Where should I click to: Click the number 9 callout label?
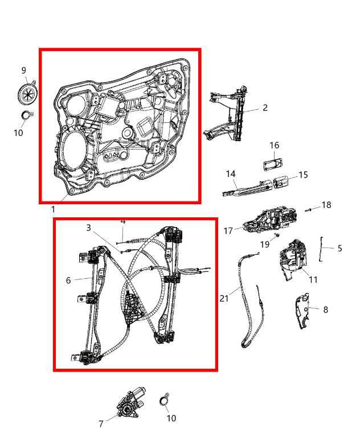tap(24, 71)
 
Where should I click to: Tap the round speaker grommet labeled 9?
tap(27, 93)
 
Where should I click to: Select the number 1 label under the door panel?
tap(53, 209)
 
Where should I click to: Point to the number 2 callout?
tap(265, 108)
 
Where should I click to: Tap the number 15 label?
tap(303, 175)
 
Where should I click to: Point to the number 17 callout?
tap(228, 230)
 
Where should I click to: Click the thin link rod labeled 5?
tap(322, 248)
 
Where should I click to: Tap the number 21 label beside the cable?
tap(224, 298)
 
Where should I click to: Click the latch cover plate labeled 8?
tap(302, 311)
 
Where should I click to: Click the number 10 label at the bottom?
tap(171, 418)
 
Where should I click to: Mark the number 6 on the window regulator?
tap(68, 280)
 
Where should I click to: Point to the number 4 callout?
tap(122, 221)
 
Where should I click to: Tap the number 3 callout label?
tap(88, 228)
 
